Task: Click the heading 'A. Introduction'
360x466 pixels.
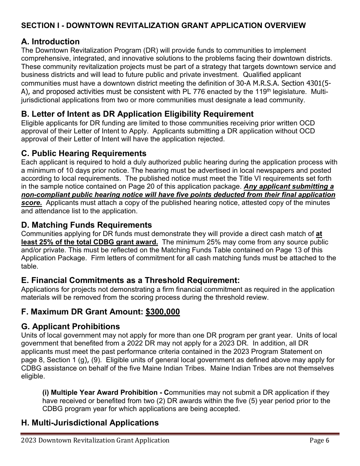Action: point(50,42)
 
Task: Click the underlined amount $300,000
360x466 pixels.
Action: point(163,312)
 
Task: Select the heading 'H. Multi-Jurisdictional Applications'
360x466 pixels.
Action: point(90,422)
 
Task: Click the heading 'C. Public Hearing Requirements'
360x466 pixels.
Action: point(83,153)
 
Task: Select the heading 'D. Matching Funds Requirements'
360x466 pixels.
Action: point(86,225)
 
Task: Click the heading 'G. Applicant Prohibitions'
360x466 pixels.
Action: point(70,326)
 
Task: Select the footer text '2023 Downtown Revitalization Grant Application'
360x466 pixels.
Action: point(95,440)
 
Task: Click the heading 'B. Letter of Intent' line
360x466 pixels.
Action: point(137,114)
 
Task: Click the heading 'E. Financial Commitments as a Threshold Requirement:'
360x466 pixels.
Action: point(130,280)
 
